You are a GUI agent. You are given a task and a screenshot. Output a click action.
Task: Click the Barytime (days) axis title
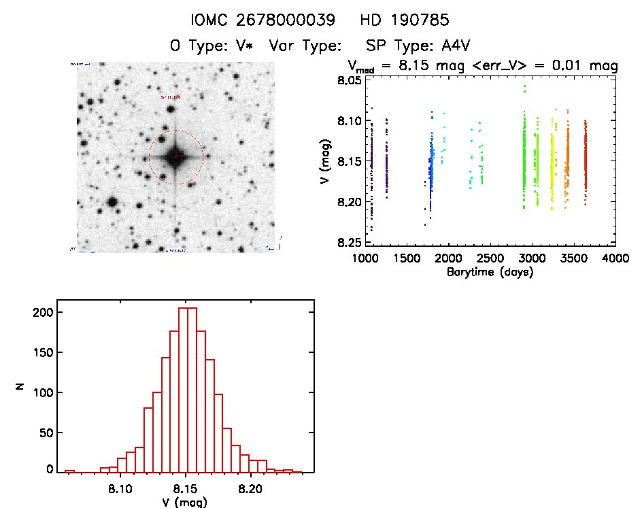tap(490, 273)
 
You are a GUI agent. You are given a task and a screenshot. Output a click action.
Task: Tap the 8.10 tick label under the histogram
tap(120, 488)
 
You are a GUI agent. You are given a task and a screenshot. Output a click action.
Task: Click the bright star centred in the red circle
tap(175, 157)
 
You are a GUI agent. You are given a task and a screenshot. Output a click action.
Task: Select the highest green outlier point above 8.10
tap(524, 86)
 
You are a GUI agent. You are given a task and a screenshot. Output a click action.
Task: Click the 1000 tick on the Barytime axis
tap(366, 259)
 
